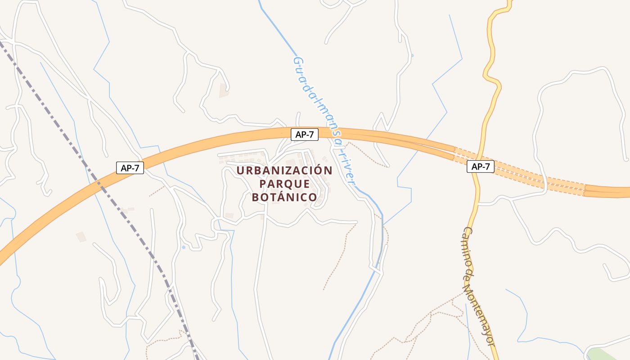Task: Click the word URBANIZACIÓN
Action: click(284, 171)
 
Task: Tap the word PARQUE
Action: click(284, 184)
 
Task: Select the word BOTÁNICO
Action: click(284, 198)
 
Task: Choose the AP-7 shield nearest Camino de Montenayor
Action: click(481, 166)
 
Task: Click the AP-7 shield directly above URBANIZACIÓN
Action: click(305, 134)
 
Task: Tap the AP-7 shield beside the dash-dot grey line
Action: click(130, 168)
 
